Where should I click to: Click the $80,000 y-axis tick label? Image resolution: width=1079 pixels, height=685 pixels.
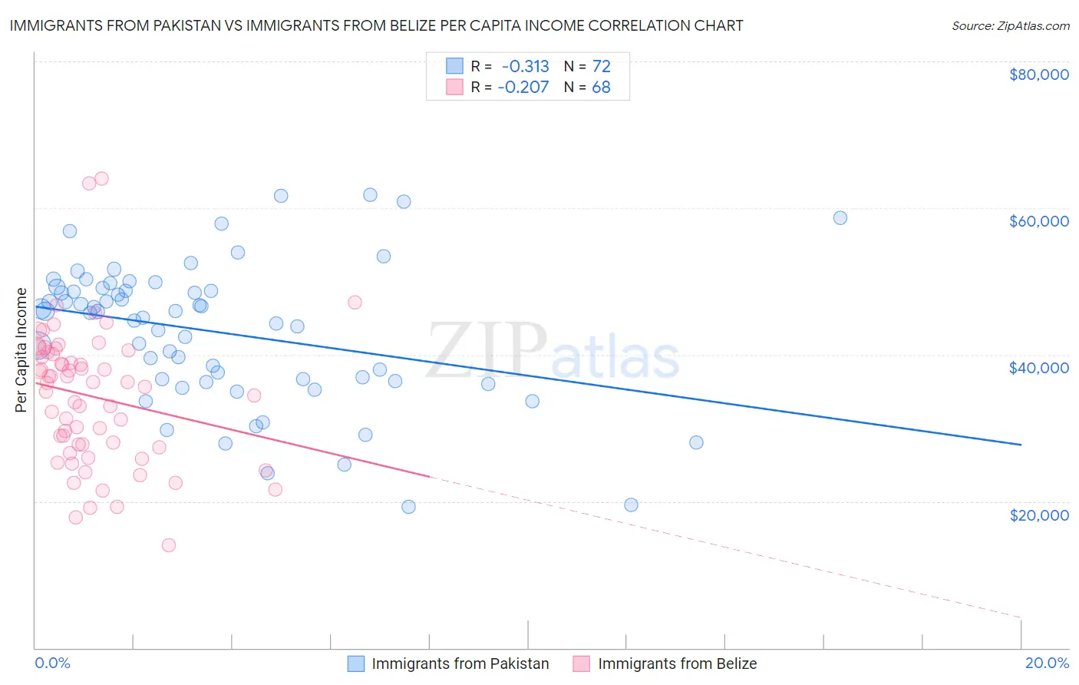coord(1038,74)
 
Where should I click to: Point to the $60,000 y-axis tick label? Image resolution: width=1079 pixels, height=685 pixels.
coord(1038,221)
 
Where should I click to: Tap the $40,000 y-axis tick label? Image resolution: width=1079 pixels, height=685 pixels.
coord(1038,368)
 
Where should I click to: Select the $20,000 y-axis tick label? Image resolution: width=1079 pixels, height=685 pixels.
coord(1038,515)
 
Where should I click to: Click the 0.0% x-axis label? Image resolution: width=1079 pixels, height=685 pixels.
coord(52,663)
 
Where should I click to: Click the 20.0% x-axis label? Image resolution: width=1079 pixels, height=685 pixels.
coord(1047,663)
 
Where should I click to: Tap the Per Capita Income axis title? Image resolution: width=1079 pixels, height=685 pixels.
coord(21,350)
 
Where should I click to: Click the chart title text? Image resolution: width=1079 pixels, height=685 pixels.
coord(376,25)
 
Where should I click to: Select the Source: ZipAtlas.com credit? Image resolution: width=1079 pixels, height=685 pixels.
coord(1010,26)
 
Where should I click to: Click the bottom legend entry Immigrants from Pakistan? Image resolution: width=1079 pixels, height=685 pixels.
coord(460,663)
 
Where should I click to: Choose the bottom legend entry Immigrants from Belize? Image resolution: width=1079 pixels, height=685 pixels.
coord(677,663)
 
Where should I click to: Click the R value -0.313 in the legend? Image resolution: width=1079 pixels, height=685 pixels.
coord(525,67)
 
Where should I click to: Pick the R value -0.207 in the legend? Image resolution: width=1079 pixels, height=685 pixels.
coord(523,87)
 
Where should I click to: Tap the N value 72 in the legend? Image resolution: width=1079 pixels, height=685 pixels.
coord(601,67)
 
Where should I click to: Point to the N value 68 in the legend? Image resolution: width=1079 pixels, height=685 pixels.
coord(601,87)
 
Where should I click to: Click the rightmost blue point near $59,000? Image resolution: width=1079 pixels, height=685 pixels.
coord(840,218)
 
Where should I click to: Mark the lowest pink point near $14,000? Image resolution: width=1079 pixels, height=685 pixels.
coord(169,545)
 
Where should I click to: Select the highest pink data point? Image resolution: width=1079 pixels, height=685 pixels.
coord(101,179)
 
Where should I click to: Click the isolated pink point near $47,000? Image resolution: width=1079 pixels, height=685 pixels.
coord(355,303)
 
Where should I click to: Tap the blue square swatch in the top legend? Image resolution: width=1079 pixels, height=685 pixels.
coord(455,66)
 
